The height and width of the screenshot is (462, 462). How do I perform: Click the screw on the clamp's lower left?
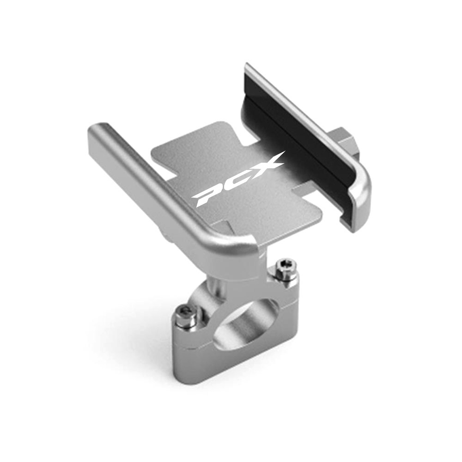[x=185, y=315]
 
